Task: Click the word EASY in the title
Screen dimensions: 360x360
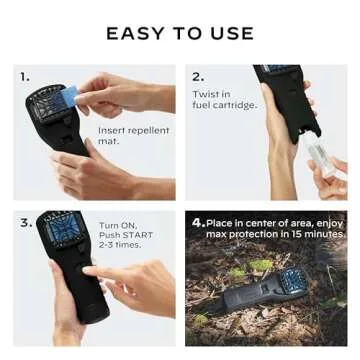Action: (135, 33)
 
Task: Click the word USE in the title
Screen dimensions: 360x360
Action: (231, 33)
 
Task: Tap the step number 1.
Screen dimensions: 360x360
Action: (25, 76)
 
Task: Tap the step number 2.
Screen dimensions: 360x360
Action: (198, 76)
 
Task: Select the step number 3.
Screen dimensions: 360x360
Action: (26, 222)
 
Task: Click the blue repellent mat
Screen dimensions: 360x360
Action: (70, 97)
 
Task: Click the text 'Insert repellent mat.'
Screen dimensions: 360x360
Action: (133, 136)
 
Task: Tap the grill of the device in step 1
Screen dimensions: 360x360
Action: (46, 106)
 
